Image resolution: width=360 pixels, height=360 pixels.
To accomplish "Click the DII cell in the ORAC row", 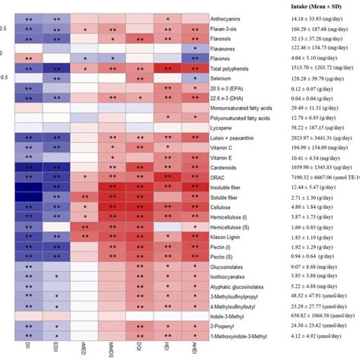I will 29,175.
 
